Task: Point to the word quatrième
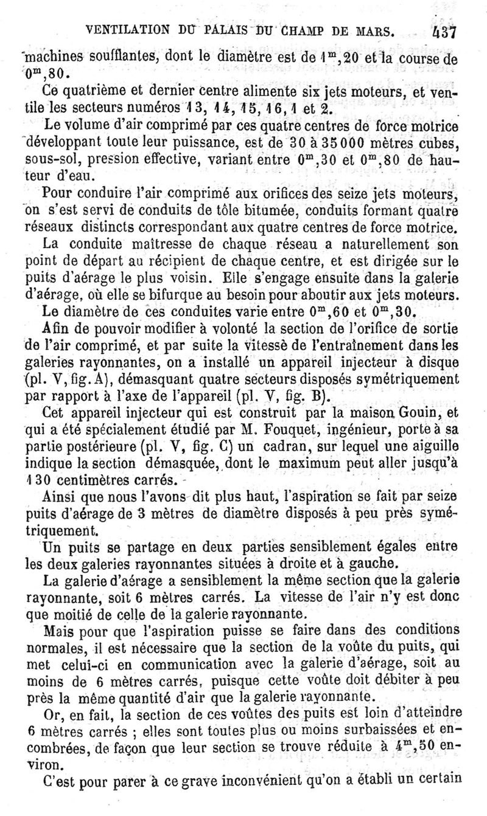(x=102, y=91)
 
